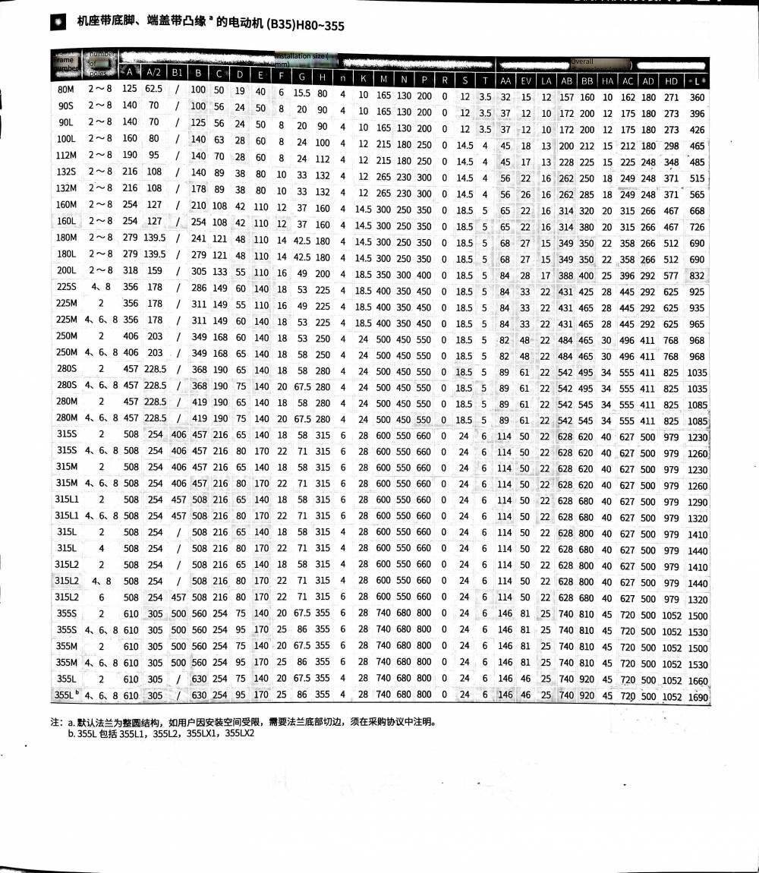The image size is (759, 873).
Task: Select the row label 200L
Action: (66, 273)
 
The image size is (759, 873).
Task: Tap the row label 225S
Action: (66, 290)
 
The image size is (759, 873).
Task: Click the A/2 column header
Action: (153, 71)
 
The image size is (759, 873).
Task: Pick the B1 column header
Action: (177, 72)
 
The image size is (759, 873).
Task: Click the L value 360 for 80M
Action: (697, 97)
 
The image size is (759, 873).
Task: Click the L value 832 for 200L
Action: (697, 276)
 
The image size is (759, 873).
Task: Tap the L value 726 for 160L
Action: (697, 227)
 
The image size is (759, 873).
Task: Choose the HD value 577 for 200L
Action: (671, 275)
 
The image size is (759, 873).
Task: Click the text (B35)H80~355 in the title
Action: (304, 25)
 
